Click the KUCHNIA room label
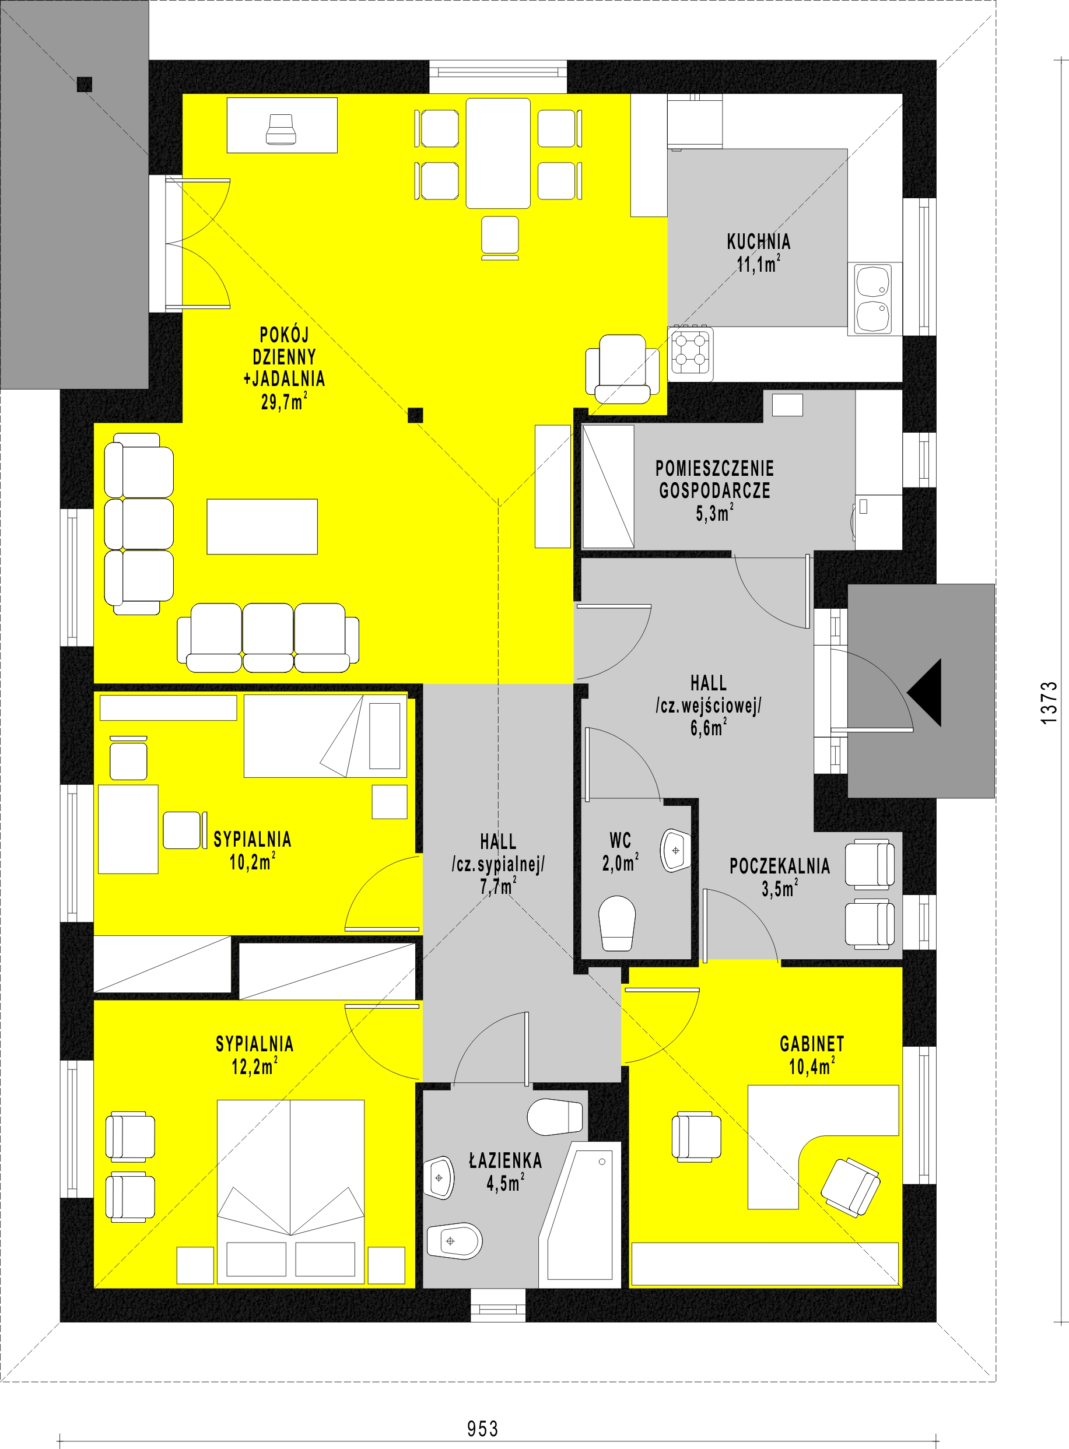click(758, 242)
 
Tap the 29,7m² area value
click(284, 401)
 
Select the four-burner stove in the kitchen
click(692, 353)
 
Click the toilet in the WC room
click(616, 924)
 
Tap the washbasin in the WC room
click(675, 851)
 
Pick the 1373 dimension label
click(1049, 702)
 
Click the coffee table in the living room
click(262, 527)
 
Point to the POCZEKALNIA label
click(780, 866)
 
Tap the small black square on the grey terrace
click(84, 84)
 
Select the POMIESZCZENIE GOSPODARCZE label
click(715, 479)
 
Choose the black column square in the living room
click(415, 415)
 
